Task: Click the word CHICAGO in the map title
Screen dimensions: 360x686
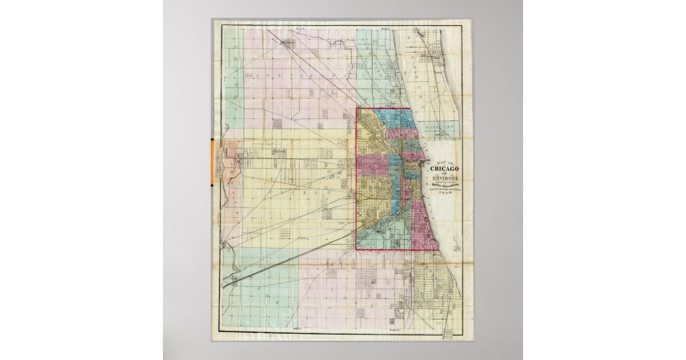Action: click(448, 168)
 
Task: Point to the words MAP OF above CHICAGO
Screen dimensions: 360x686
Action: click(448, 161)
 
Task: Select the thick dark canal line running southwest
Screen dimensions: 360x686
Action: click(286, 257)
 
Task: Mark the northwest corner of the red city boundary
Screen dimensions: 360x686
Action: click(357, 109)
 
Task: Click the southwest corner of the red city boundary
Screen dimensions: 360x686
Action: click(357, 250)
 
